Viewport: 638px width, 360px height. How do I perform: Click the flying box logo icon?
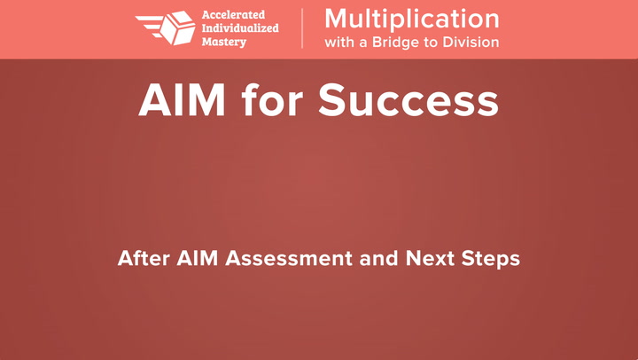click(166, 27)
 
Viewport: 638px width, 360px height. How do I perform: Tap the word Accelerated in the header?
click(233, 15)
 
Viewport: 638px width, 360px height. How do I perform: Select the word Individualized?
click(240, 28)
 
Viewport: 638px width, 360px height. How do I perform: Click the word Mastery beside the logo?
click(224, 42)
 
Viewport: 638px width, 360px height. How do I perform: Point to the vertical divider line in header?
click(302, 28)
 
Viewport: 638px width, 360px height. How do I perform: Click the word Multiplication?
click(412, 20)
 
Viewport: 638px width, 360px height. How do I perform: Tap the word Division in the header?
click(471, 43)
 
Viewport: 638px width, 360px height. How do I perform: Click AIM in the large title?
click(182, 100)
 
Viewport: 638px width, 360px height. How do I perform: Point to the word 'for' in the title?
click(272, 99)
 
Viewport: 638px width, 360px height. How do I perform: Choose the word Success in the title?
click(408, 100)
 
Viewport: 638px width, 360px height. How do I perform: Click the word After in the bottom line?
click(144, 258)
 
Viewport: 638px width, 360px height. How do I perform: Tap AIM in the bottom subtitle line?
click(198, 258)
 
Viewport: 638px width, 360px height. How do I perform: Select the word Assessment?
click(289, 258)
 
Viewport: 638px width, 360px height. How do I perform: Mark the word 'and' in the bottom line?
click(378, 258)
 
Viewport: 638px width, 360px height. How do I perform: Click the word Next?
click(430, 258)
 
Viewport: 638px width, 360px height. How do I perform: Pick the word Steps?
click(491, 260)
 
